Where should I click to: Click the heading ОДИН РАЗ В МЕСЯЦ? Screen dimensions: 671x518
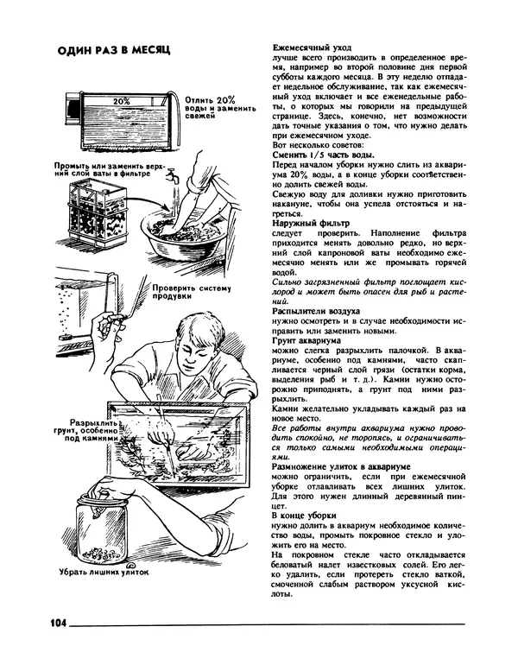(113, 50)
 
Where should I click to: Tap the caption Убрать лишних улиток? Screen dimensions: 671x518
(104, 571)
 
